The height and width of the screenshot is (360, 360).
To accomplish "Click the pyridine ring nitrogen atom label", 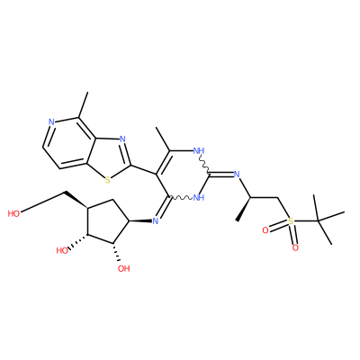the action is pos(51,122).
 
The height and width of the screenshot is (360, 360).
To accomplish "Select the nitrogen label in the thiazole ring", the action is pos(122,139).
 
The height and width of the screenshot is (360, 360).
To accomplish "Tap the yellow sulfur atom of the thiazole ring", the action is pos(108,180).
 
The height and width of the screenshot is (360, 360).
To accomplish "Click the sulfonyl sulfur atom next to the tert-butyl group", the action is pos(291,221).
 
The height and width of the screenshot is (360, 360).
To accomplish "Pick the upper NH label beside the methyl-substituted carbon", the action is pos(199,150).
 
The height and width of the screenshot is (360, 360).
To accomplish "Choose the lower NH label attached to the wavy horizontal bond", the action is pos(199,197).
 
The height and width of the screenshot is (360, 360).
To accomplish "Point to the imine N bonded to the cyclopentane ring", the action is pos(155,221).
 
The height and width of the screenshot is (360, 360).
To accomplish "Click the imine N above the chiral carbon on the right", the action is pos(237,174).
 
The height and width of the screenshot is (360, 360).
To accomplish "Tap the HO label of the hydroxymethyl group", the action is pos(13,213).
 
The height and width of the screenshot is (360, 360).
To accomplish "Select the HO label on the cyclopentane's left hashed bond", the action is pos(62,250).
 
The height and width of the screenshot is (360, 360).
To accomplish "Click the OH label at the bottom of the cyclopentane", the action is pos(123,268).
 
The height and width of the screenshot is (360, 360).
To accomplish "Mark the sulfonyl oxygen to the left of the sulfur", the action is pos(265,230).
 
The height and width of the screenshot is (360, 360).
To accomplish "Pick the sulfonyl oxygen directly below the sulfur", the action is pos(295,247).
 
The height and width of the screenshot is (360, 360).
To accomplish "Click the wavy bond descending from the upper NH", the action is pos(204,165).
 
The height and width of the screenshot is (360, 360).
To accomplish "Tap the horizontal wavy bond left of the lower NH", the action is pos(182,198).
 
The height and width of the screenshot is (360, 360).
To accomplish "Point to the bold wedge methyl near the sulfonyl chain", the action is pos(244,209).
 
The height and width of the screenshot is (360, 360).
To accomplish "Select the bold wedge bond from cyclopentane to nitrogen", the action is pos(139,221).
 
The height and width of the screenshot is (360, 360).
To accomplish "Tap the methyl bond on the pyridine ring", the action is pos(84,104).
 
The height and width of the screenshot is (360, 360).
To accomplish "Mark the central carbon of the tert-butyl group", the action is pos(319,221).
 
